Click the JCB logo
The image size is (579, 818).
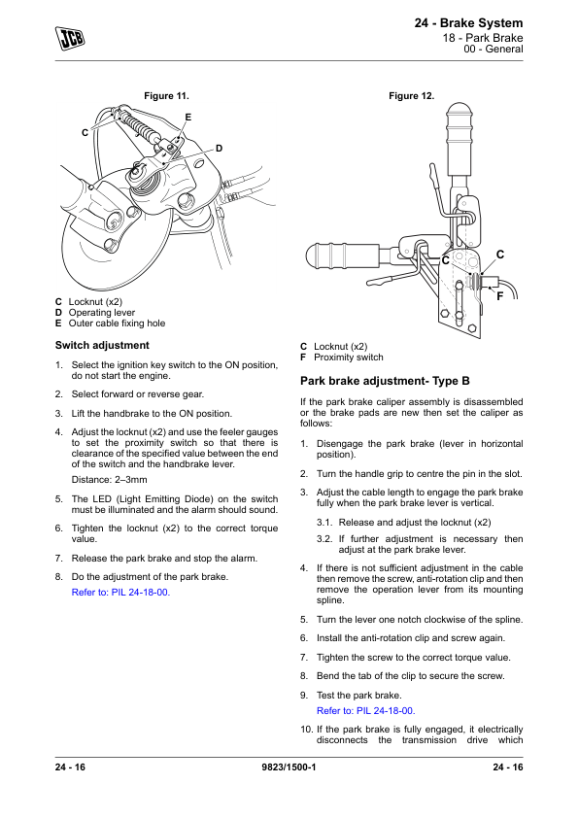click(x=70, y=39)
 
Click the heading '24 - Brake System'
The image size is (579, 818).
click(x=468, y=23)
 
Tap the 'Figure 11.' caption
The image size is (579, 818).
click(x=166, y=96)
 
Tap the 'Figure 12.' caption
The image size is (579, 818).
click(x=412, y=96)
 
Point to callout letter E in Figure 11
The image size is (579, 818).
click(x=188, y=118)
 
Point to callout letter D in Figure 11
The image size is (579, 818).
click(x=220, y=149)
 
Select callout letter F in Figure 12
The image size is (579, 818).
click(x=499, y=296)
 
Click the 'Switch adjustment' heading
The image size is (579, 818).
click(x=102, y=345)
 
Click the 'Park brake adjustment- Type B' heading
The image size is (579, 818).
click(x=385, y=381)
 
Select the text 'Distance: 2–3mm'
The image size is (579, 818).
click(x=109, y=479)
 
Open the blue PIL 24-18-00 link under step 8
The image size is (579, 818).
click(x=120, y=592)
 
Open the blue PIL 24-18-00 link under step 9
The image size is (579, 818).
click(x=365, y=710)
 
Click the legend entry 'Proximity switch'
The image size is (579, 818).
click(x=349, y=358)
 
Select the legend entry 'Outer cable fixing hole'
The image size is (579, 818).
click(x=117, y=324)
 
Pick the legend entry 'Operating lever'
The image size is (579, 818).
click(x=102, y=313)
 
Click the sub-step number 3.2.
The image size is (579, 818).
click(x=324, y=539)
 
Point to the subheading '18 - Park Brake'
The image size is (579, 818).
click(x=483, y=38)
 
